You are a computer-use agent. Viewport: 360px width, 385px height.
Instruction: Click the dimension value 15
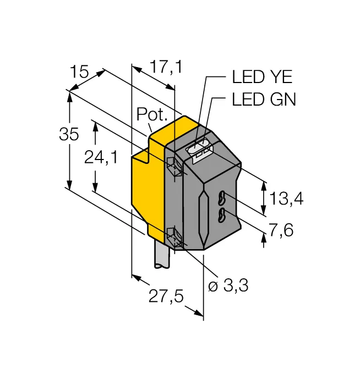pyautogui.click(x=79, y=71)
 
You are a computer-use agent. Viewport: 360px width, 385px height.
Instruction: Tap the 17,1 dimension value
pyautogui.click(x=166, y=67)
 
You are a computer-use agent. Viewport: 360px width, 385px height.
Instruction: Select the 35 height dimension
pyautogui.click(x=69, y=134)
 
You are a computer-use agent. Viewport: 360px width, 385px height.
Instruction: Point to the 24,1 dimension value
pyautogui.click(x=101, y=157)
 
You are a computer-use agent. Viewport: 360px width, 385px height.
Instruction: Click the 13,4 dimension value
pyautogui.click(x=286, y=199)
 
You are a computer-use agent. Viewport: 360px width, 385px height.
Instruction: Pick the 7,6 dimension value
pyautogui.click(x=281, y=230)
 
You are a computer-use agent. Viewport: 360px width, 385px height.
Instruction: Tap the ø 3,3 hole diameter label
pyautogui.click(x=228, y=285)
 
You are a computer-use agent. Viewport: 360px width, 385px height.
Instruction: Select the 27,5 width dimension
pyautogui.click(x=166, y=296)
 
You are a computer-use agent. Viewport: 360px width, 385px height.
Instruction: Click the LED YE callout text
pyautogui.click(x=262, y=76)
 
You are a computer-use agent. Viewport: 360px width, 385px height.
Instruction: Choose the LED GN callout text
pyautogui.click(x=264, y=99)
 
